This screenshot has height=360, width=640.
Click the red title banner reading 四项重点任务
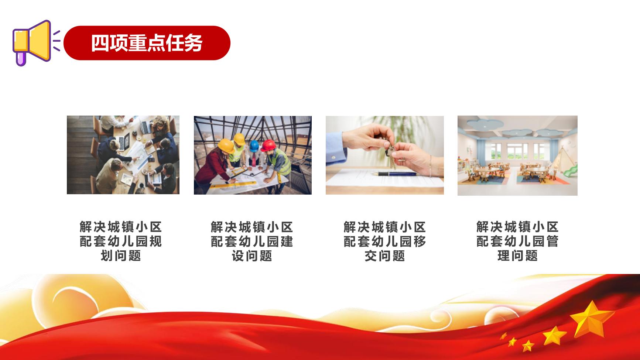pos(147,43)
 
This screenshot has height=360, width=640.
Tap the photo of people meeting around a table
pos(123,155)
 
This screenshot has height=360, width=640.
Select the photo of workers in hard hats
pos(253,155)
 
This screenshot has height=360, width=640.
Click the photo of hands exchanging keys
pos(385,155)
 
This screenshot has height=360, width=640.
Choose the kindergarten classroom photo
pos(517,155)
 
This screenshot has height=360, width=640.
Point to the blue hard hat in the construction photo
pos(254,146)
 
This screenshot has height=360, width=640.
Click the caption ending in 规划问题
pos(121,241)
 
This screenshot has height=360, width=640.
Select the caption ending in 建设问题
pos(252,241)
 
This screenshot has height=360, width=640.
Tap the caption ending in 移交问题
pos(385,241)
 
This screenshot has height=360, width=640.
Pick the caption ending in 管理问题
pos(517,241)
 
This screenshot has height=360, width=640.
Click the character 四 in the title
pos(100,43)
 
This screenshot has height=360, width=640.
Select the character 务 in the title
pos(194,43)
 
